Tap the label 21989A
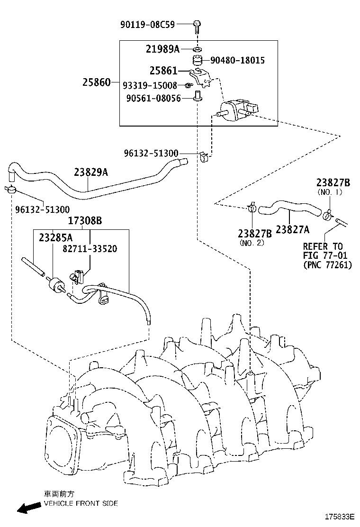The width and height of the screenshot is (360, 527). [x=163, y=48]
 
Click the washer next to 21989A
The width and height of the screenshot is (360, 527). [x=197, y=49]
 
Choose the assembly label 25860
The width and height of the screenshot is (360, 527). [x=97, y=82]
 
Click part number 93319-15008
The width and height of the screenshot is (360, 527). [x=150, y=85]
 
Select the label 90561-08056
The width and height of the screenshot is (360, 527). [x=153, y=99]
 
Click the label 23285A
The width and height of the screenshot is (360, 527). [x=56, y=237]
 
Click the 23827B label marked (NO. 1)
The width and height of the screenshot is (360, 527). [x=333, y=182]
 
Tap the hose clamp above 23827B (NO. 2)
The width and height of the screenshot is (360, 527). [x=252, y=208]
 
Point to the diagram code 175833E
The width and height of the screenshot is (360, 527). [x=339, y=516]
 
